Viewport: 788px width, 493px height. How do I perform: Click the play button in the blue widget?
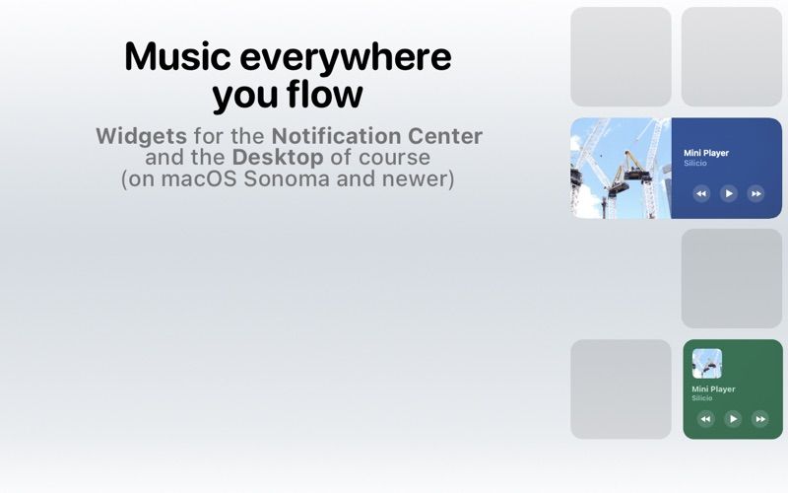(729, 193)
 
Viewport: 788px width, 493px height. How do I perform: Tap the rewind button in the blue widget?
(701, 193)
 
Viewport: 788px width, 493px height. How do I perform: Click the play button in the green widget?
(733, 418)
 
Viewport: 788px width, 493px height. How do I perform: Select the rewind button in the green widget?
(705, 418)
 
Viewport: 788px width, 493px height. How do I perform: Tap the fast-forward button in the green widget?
(759, 418)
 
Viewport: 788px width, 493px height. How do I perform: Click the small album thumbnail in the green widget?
(707, 364)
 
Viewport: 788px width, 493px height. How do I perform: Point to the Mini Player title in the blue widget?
(706, 153)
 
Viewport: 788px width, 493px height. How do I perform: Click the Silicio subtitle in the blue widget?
(695, 163)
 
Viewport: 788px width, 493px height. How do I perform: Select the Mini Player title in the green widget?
(713, 388)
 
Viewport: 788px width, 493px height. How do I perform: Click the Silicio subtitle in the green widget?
(702, 398)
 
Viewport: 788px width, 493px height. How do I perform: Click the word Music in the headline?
(178, 56)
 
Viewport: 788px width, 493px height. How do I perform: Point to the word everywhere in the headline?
(346, 58)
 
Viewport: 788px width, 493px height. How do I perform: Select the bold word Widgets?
(141, 136)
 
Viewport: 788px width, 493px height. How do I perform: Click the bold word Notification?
(336, 136)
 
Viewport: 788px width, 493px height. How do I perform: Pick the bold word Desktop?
(278, 158)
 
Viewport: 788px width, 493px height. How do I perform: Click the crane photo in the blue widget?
(621, 168)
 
